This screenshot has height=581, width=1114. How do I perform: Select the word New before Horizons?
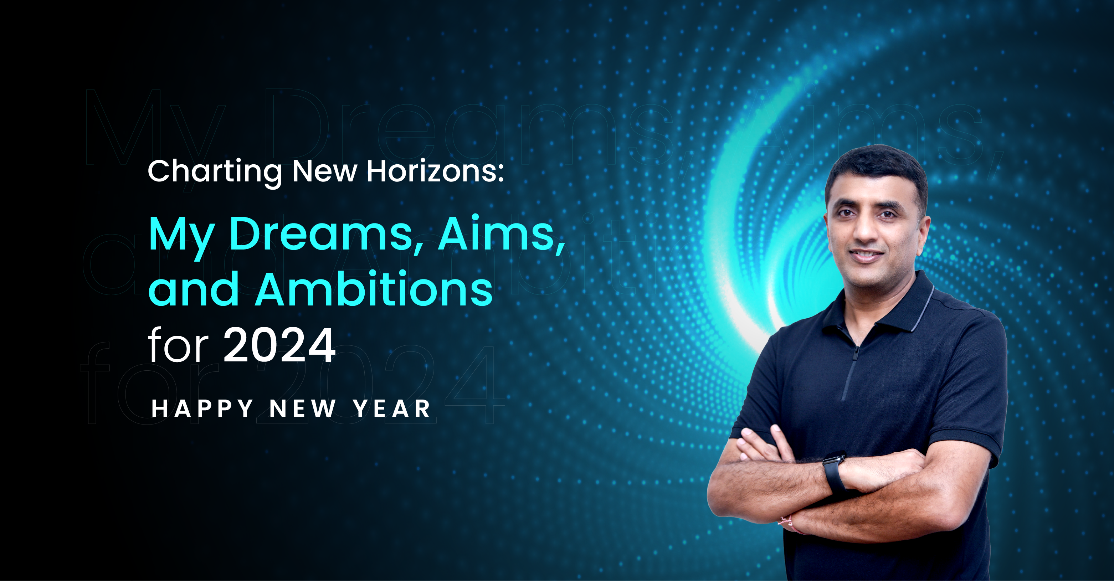click(325, 171)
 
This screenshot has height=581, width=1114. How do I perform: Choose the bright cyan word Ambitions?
click(374, 288)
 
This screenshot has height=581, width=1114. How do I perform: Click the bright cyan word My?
click(182, 238)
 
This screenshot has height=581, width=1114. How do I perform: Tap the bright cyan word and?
click(194, 289)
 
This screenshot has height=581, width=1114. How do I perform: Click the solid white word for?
click(179, 345)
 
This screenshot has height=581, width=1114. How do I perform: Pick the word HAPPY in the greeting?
click(202, 408)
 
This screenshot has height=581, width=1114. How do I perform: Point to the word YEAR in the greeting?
click(392, 408)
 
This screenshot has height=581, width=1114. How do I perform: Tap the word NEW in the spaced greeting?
click(303, 408)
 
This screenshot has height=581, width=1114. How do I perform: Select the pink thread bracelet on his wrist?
click(791, 523)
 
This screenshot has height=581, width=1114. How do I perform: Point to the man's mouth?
click(866, 256)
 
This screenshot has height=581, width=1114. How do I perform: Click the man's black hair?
click(878, 173)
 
